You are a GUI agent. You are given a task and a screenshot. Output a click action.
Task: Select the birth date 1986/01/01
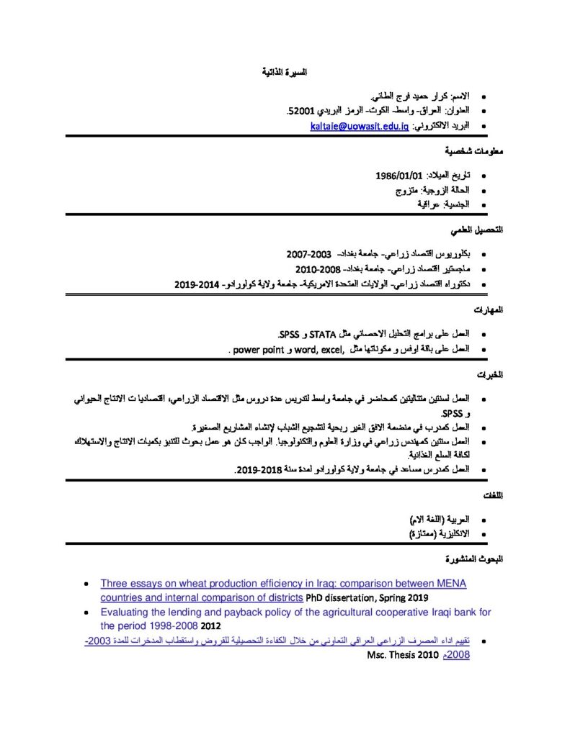(398, 176)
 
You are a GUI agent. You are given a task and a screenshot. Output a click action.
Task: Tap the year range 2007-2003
(308, 255)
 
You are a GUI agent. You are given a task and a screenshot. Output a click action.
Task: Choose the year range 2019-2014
(197, 284)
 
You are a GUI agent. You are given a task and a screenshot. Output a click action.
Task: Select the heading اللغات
(491, 495)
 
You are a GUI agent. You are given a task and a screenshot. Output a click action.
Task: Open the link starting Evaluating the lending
(295, 612)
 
